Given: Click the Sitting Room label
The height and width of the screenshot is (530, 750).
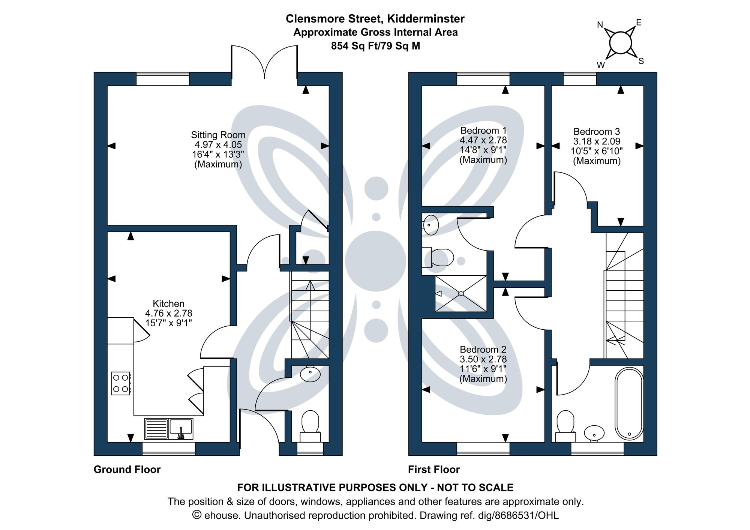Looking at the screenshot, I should tap(218, 135).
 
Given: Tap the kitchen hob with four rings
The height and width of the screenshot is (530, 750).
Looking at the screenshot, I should tap(120, 383).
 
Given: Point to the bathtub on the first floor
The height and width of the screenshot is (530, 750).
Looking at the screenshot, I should tap(629, 404).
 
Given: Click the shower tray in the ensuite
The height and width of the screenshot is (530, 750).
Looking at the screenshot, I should tap(461, 293).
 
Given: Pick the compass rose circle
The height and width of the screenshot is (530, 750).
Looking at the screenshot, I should tap(621, 42).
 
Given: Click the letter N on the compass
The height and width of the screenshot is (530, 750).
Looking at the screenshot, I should tap(600, 25).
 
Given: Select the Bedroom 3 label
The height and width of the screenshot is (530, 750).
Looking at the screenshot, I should tap(597, 132).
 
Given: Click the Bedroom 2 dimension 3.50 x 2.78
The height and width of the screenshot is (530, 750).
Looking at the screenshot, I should tap(483, 359).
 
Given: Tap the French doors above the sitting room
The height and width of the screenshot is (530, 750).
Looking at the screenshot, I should tap(264, 62).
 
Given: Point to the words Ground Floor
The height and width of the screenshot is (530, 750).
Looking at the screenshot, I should tap(127, 470).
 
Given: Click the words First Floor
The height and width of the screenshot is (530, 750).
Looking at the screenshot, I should tap(433, 470).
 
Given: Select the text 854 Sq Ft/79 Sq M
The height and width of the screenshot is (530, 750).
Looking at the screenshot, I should tap(375, 46).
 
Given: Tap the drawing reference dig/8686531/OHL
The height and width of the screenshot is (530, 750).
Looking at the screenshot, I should tap(518, 515).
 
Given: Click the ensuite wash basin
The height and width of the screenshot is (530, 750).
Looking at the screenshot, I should tap(430, 225).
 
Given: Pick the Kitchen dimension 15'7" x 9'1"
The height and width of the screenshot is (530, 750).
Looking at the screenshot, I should tap(168, 323).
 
